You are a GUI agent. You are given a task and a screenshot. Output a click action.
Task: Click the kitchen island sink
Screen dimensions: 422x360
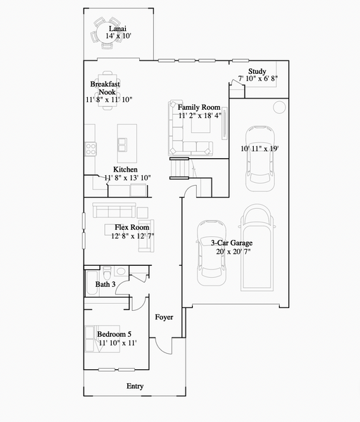pos(123,144)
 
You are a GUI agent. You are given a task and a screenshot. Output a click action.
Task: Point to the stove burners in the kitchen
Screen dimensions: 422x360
pos(90,147)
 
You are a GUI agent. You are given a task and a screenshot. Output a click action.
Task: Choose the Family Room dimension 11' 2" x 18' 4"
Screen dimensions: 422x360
pos(200,115)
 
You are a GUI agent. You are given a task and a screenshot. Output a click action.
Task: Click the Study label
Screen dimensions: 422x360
pos(257,70)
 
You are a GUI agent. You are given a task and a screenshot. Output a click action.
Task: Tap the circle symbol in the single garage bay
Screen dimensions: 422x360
pos(279,108)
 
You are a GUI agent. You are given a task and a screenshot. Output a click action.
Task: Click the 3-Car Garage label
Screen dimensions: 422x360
pos(232,243)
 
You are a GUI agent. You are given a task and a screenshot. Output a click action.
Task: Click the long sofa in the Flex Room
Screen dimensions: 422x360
pos(114,210)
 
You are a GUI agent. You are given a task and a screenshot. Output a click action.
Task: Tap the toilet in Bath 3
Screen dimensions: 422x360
pos(120,271)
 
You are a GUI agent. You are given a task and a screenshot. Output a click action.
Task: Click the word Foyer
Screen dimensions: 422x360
pos(164,316)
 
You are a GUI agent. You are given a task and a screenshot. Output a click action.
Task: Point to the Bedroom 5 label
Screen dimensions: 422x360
pos(114,333)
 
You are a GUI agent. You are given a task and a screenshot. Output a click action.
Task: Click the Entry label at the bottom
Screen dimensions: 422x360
pos(134,386)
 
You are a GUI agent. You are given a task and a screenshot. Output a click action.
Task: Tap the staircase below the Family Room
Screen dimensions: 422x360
pos(181,170)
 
